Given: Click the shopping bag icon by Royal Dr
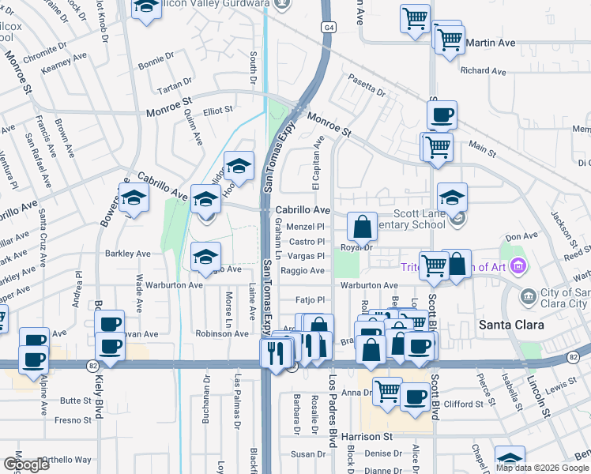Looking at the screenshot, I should click(361, 228).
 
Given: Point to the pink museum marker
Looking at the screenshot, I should click(518, 267).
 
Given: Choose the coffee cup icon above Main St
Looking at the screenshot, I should click(442, 115).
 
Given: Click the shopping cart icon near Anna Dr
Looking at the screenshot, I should click(387, 390).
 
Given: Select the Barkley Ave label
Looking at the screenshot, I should click(128, 254).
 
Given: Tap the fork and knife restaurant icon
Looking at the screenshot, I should click(276, 352).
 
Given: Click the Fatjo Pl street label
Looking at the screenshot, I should click(310, 300).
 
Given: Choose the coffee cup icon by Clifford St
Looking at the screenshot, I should click(414, 397).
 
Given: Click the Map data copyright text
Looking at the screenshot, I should click(542, 468).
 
